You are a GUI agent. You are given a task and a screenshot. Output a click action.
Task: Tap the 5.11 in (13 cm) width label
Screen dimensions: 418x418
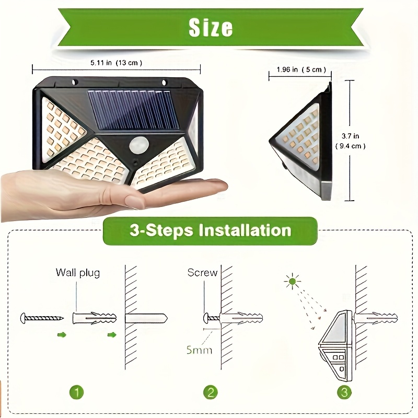click(x=116, y=63)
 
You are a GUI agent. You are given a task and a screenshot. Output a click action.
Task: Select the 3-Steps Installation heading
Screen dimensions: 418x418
click(x=210, y=230)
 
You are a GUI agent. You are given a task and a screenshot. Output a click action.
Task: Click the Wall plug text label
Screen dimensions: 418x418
click(x=77, y=273)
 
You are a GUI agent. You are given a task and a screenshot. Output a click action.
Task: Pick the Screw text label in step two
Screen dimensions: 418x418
click(x=202, y=273)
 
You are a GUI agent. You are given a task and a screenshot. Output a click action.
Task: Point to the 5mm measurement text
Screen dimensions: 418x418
click(x=200, y=350)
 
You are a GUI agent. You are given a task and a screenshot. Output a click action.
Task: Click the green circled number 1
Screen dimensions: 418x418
click(x=77, y=391)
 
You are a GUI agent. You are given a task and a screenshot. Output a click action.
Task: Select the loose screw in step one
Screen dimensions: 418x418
click(x=42, y=317)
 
